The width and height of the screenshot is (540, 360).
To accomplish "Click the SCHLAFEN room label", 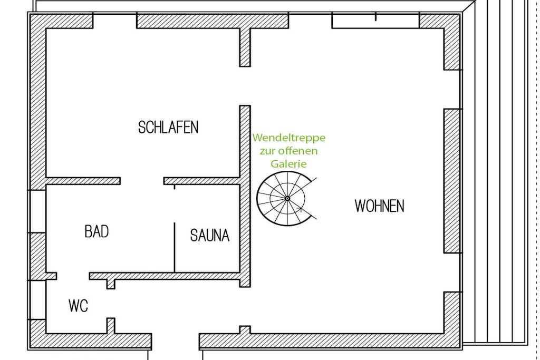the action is click(x=168, y=128).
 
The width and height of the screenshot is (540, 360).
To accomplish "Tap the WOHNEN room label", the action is click(x=379, y=206).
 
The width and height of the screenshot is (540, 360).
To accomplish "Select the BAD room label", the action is click(x=97, y=231).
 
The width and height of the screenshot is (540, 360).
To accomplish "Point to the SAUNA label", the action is click(x=210, y=236).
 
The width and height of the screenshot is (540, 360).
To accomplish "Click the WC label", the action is click(x=78, y=306).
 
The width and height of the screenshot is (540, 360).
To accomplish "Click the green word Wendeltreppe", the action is click(x=289, y=138).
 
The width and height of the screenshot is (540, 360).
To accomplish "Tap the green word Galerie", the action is click(x=288, y=164).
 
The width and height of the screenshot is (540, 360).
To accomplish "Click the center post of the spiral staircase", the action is click(x=287, y=198).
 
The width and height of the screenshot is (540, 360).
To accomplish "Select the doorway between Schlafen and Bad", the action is click(x=142, y=181).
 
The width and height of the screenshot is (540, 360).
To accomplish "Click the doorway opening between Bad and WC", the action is click(x=73, y=276).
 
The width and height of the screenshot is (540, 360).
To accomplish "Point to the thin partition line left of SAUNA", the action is click(x=175, y=247).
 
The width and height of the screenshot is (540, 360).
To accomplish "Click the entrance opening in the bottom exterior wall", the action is click(x=175, y=342).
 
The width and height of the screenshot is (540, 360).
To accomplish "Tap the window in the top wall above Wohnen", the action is click(x=375, y=21).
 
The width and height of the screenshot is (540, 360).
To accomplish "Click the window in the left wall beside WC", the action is click(x=37, y=300).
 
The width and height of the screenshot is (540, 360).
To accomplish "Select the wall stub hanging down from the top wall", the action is click(x=245, y=47).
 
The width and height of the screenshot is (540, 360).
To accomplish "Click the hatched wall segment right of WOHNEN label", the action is click(x=452, y=181).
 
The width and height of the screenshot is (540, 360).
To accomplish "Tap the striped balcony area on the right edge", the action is click(x=499, y=172).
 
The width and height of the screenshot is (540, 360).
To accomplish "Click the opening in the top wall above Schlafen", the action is click(x=114, y=21).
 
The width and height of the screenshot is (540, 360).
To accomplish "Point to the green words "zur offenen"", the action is click(x=288, y=151).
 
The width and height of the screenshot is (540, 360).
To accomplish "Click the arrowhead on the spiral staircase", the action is click(x=300, y=208).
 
